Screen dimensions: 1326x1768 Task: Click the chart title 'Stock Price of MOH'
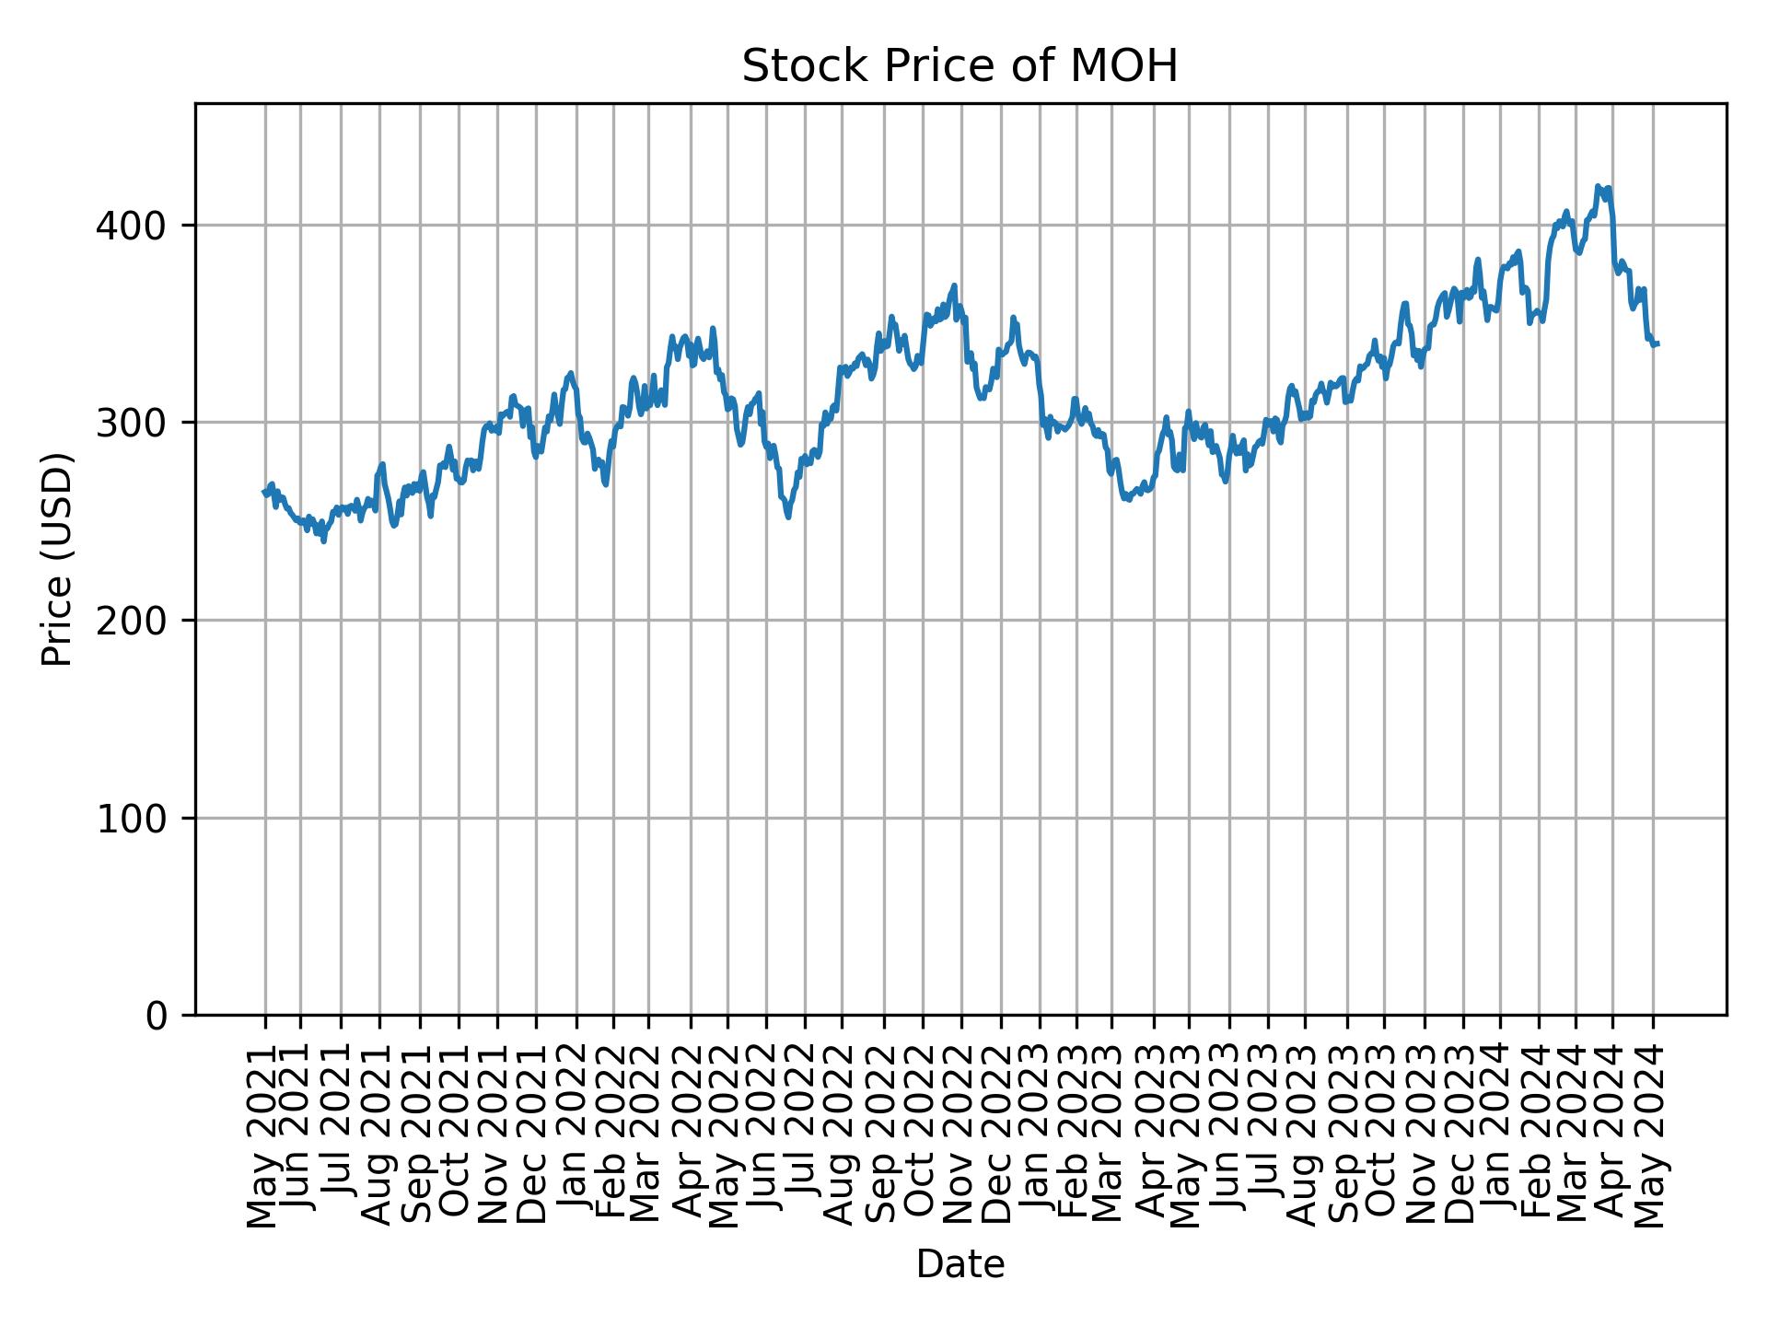960,67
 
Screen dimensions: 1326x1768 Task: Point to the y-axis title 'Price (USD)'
57,559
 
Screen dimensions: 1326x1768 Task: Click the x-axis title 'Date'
960,1264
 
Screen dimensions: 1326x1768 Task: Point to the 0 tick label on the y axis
157,1016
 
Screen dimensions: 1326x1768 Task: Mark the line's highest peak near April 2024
1598,186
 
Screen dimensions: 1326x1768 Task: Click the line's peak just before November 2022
955,285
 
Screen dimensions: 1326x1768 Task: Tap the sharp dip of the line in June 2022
788,517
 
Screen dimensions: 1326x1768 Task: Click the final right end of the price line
1657,344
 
